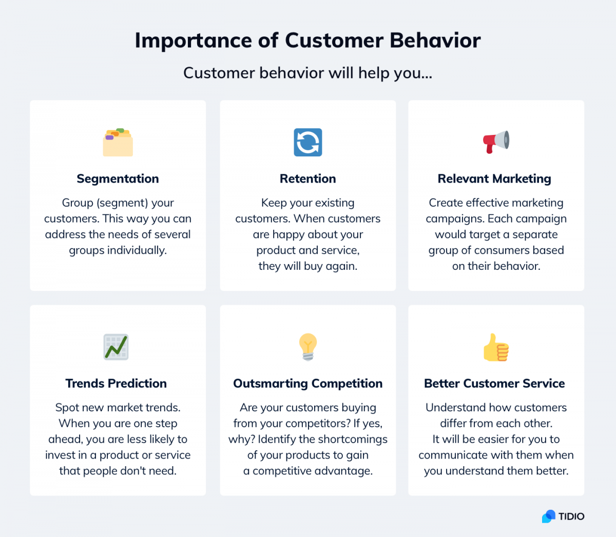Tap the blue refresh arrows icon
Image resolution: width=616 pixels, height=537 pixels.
coord(308,142)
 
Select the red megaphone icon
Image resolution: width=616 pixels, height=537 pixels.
coord(496,142)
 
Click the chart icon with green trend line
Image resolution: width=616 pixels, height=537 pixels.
coord(116,347)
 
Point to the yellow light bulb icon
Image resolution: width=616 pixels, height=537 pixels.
coord(308,347)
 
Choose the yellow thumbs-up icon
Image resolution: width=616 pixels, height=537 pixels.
coord(496,347)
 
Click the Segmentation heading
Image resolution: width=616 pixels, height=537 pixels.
coord(118,178)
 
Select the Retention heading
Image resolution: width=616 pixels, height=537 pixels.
coord(308,178)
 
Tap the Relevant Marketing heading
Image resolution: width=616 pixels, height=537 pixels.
coord(494,178)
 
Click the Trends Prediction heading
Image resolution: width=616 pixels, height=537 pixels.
coord(116,383)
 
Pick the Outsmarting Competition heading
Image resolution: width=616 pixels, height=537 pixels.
coord(308,383)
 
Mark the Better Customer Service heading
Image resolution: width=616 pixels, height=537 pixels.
coord(494,383)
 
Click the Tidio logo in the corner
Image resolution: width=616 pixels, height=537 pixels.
coord(563,516)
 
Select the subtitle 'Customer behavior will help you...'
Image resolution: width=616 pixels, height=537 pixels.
coord(308,73)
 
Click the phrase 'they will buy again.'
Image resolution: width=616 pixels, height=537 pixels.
coord(308,266)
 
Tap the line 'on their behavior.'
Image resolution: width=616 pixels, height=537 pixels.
coord(496,266)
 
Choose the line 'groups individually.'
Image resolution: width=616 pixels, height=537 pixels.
coord(118,250)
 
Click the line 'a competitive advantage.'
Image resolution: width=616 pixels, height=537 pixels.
coord(308,470)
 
